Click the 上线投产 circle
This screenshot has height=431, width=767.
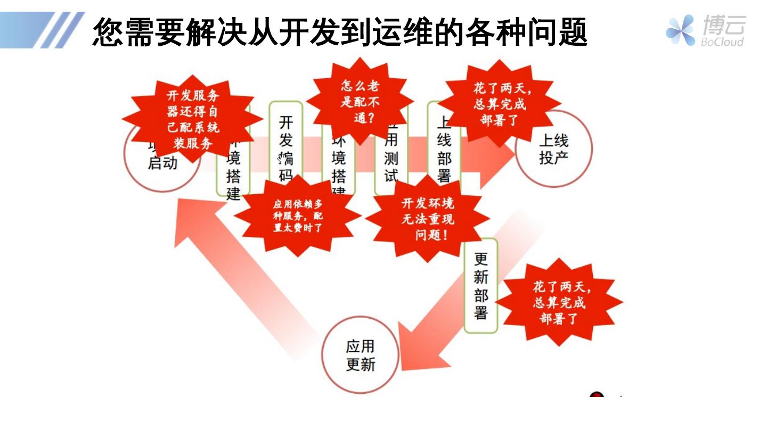tap(554, 150)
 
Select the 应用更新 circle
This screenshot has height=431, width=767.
tap(361, 354)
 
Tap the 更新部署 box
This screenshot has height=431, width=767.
tap(480, 286)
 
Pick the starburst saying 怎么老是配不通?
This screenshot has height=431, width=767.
tap(360, 102)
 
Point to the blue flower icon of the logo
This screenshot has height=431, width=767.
tap(680, 30)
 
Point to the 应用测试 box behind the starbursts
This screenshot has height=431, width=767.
tap(391, 160)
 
